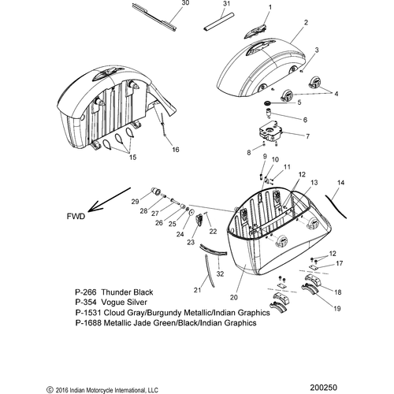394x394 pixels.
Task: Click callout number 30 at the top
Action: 185,3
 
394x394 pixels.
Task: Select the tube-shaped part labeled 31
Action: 218,22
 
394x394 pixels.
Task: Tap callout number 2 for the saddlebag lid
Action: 306,23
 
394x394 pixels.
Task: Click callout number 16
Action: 176,150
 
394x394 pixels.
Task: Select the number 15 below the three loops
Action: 133,157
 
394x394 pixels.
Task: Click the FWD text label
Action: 76,216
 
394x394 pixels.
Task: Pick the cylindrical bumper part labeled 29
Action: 157,191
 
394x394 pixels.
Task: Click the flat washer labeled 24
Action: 191,212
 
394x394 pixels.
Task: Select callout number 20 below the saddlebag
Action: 233,297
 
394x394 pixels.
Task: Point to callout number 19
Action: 337,308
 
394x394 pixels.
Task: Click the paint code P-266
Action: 86,292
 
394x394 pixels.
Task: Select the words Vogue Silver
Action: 124,302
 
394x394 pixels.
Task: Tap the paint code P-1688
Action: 88,322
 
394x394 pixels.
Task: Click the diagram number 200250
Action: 323,388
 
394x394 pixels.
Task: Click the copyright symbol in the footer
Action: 50,390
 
